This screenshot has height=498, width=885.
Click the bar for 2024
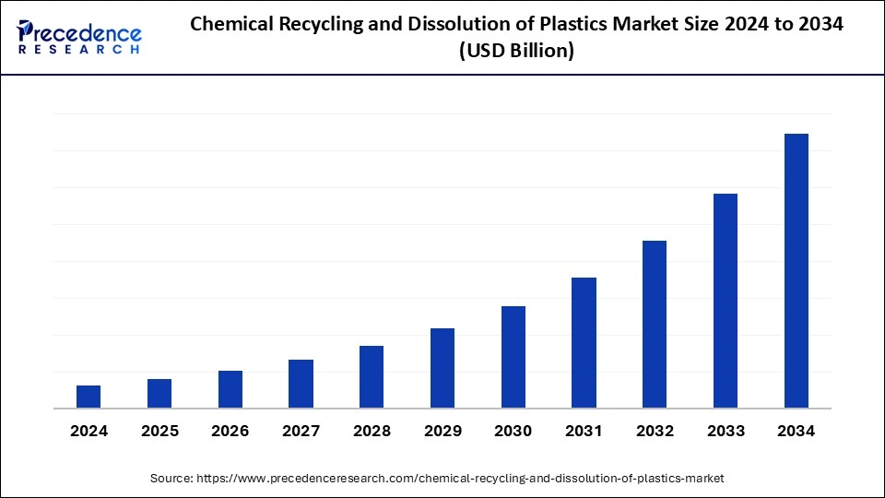pyautogui.click(x=88, y=397)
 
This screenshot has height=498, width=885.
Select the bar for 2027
pyautogui.click(x=301, y=384)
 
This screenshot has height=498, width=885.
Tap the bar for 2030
pyautogui.click(x=513, y=357)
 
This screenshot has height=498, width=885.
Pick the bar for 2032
pyautogui.click(x=655, y=324)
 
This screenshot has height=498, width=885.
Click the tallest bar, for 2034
pyautogui.click(x=796, y=270)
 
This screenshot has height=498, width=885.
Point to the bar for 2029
pyautogui.click(x=442, y=368)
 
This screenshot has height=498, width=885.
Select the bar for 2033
pyautogui.click(x=726, y=301)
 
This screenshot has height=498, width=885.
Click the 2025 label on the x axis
pyautogui.click(x=159, y=431)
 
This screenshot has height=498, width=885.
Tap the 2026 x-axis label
pyautogui.click(x=230, y=431)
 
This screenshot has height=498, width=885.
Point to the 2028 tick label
pyautogui.click(x=372, y=431)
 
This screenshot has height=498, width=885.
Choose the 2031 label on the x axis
pyautogui.click(x=584, y=431)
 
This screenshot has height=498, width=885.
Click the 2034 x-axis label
pyautogui.click(x=796, y=431)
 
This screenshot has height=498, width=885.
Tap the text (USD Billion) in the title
pyautogui.click(x=516, y=52)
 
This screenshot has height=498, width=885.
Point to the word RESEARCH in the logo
pyautogui.click(x=79, y=49)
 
